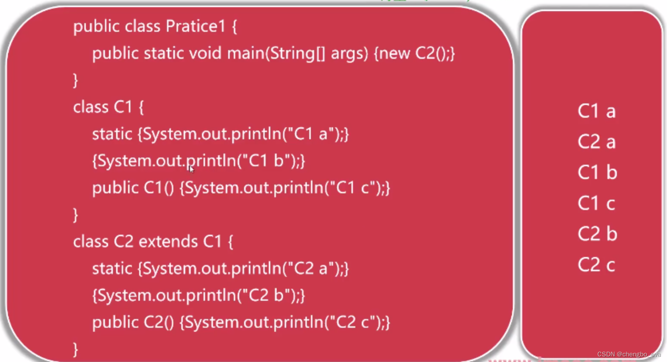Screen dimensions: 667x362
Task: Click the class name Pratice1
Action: coord(195,26)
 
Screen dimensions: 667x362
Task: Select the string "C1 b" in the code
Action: coord(266,161)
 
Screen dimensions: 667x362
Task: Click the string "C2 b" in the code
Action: coord(266,295)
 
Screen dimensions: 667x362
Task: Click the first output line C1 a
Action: coord(596,111)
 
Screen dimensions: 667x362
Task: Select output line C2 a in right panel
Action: coord(596,142)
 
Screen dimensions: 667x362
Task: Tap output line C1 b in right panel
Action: coord(597,172)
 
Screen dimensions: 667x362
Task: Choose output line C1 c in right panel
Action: coord(596,203)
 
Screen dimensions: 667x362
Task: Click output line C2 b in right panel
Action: coord(597,234)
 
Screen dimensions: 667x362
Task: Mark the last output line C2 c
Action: coord(596,265)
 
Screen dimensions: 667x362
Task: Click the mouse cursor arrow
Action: coord(192,169)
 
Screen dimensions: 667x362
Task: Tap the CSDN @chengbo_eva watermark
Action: coord(629,354)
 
